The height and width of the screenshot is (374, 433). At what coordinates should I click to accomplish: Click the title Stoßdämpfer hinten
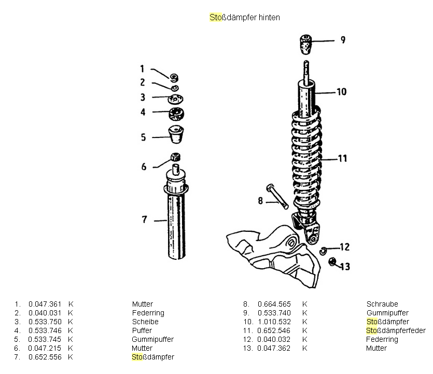click(x=244, y=17)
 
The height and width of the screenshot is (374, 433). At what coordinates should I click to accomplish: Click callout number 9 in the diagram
click(x=342, y=40)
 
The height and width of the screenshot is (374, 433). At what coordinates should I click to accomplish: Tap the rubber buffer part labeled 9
click(x=306, y=44)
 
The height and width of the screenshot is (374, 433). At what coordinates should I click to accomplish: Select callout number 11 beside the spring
click(x=342, y=158)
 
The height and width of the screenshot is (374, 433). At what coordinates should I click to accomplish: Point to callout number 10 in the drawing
click(x=341, y=92)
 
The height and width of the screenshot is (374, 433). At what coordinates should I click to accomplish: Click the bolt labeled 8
click(x=277, y=196)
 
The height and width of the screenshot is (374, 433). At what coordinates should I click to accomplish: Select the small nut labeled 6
click(x=175, y=157)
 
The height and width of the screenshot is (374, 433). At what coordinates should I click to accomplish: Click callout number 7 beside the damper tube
click(x=145, y=220)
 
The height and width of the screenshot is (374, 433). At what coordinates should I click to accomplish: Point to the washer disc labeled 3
click(x=176, y=99)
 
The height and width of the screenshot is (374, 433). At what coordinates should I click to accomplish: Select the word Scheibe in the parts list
click(x=145, y=322)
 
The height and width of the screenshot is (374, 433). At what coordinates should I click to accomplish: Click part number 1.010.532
click(x=274, y=322)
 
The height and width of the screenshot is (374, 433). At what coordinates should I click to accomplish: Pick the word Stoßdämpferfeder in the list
click(x=396, y=330)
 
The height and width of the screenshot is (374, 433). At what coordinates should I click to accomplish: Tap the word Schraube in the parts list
click(x=382, y=304)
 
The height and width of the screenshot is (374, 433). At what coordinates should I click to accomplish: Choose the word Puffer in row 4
click(x=142, y=330)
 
